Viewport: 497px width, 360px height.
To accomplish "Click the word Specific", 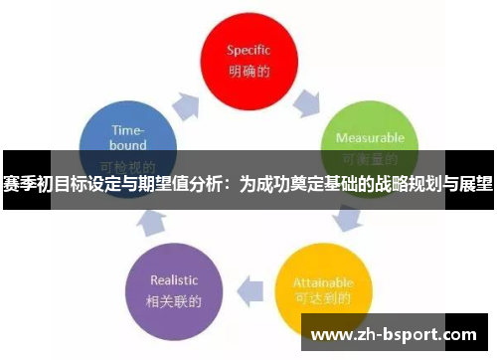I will [x=248, y=49].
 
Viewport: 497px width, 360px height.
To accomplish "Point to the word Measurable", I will [x=369, y=138].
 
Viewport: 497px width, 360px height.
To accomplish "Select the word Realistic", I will [x=174, y=279].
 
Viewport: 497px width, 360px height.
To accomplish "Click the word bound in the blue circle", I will [x=127, y=145].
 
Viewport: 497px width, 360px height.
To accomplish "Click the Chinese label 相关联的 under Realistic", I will [x=174, y=299].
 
